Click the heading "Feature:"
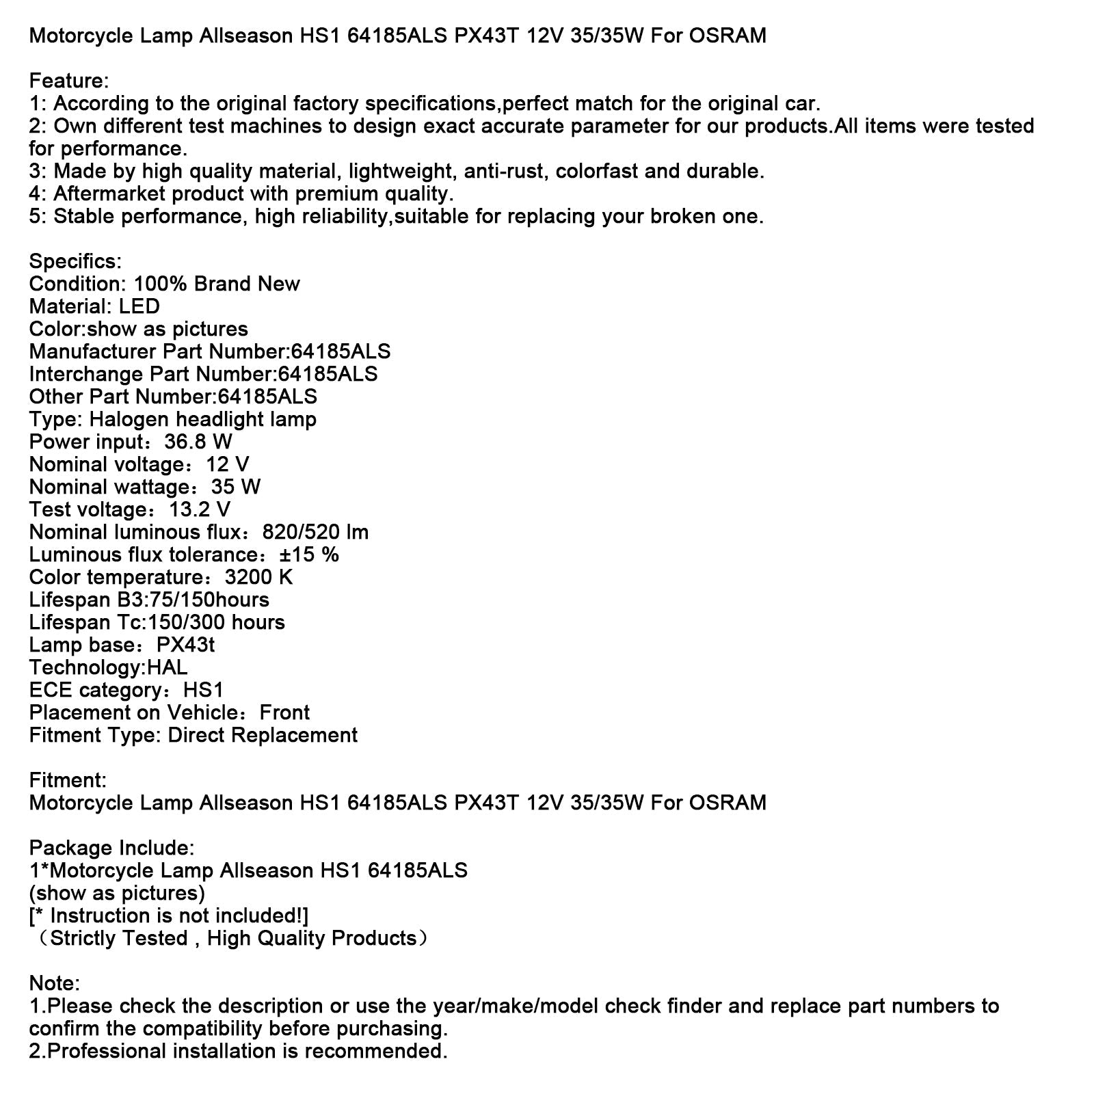coord(69,81)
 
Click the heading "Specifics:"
coord(75,261)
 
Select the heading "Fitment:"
coord(68,780)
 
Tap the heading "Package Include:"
coord(111,848)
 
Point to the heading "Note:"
coord(54,983)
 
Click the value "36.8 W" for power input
coord(198,442)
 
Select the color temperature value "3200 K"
coord(258,577)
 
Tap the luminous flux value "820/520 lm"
coord(315,532)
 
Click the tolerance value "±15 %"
coord(309,555)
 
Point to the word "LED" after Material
coord(139,306)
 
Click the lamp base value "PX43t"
coord(185,645)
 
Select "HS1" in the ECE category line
coord(203,690)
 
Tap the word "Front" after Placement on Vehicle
coord(284,712)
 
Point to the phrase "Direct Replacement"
coord(263,735)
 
